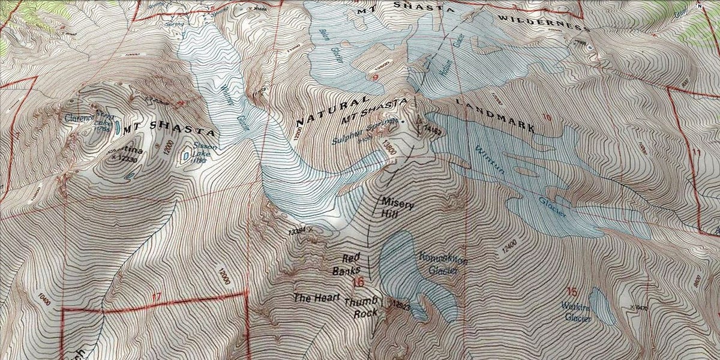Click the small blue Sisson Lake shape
coord(185,157)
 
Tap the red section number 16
coord(359,282)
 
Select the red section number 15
coord(571,292)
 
